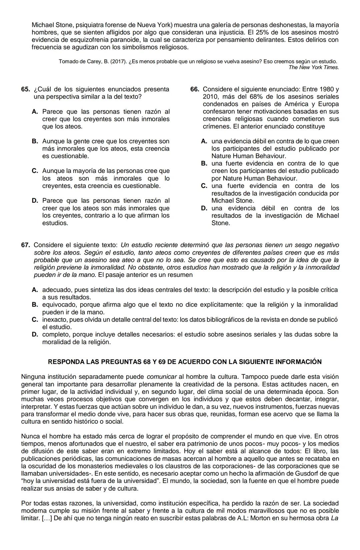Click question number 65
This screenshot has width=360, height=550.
25,89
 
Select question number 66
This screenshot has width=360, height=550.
195,89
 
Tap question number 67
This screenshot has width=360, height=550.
25,245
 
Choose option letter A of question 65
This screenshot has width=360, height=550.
35,112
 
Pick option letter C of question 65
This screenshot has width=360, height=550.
35,171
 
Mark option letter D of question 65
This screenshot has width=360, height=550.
35,201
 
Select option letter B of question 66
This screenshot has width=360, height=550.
204,164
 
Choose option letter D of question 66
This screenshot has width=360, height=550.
204,208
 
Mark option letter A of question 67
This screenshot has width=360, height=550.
35,290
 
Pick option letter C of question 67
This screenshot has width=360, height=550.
35,319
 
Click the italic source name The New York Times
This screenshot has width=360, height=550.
314,67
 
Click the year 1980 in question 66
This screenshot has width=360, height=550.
327,89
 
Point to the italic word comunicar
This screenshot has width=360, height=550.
162,377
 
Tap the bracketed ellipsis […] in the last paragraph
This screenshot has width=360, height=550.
45,518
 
